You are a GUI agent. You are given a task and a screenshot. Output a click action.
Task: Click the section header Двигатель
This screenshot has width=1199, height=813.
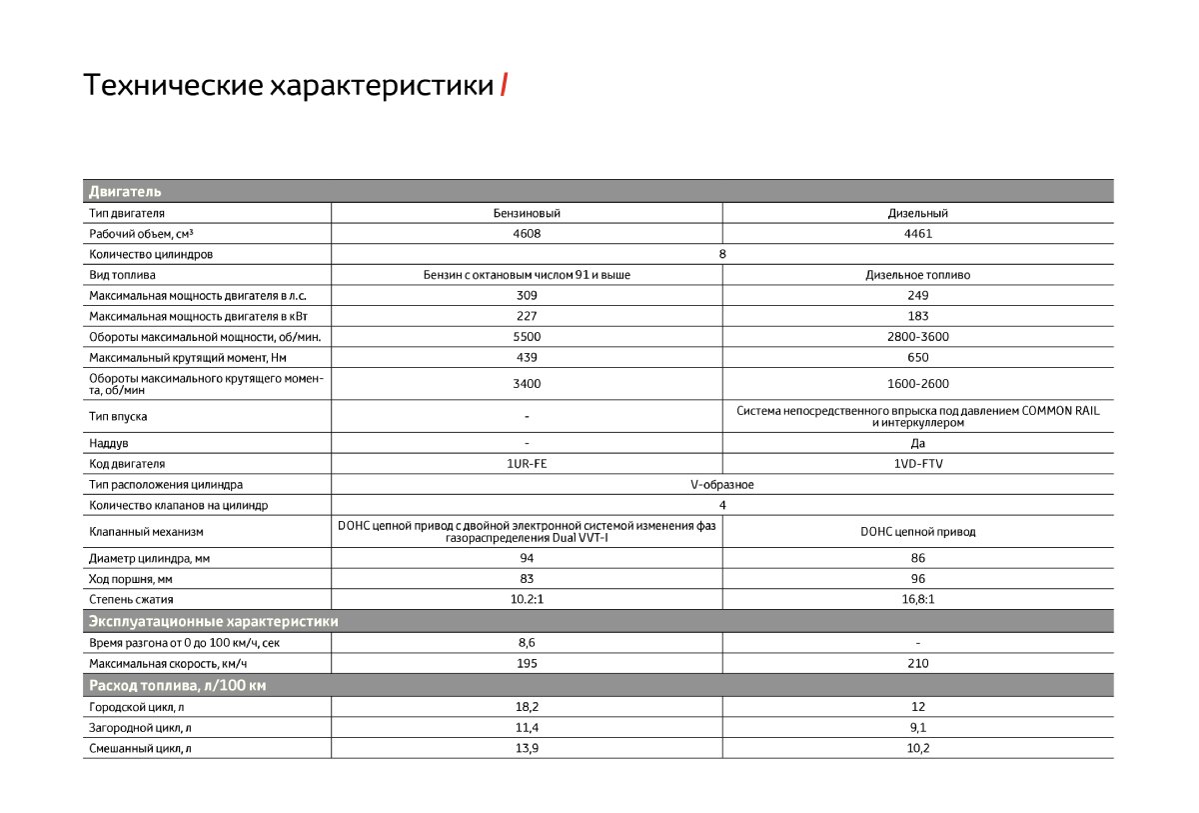pyautogui.click(x=125, y=191)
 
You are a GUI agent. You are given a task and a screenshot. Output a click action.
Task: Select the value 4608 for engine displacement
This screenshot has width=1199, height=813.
pyautogui.click(x=527, y=234)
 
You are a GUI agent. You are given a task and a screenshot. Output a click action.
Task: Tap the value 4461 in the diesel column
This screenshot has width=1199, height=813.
pyautogui.click(x=917, y=234)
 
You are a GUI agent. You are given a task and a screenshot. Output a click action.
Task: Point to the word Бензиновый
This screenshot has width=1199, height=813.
pyautogui.click(x=527, y=213)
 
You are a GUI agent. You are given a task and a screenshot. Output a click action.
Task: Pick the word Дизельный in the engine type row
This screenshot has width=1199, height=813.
pyautogui.click(x=917, y=213)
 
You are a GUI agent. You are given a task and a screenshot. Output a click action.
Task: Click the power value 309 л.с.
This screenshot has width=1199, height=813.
pyautogui.click(x=527, y=295)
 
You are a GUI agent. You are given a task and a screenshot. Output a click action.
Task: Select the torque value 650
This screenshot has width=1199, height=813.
pyautogui.click(x=917, y=357)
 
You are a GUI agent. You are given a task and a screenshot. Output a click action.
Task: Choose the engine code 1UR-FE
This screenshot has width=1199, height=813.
pyautogui.click(x=527, y=464)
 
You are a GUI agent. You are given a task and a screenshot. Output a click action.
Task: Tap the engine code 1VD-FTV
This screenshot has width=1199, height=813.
pyautogui.click(x=917, y=464)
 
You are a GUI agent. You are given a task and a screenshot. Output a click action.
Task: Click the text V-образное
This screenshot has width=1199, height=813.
pyautogui.click(x=721, y=485)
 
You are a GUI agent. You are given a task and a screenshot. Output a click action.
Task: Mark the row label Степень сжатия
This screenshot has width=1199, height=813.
pyautogui.click(x=131, y=599)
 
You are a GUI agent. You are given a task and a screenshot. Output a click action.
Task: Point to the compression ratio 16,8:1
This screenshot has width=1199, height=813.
pyautogui.click(x=917, y=599)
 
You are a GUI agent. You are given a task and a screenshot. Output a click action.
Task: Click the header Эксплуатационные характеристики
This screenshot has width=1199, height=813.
pyautogui.click(x=213, y=621)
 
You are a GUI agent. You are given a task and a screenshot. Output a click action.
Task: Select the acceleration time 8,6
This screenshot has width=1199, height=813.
pyautogui.click(x=527, y=643)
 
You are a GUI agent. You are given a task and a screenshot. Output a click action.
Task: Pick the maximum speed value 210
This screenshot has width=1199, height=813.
pyautogui.click(x=917, y=663)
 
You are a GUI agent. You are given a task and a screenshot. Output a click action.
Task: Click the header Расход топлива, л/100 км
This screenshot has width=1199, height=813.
pyautogui.click(x=177, y=685)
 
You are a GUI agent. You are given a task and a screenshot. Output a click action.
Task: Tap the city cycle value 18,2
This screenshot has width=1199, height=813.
pyautogui.click(x=527, y=706)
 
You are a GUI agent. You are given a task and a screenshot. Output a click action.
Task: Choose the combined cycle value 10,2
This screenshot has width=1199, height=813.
pyautogui.click(x=917, y=748)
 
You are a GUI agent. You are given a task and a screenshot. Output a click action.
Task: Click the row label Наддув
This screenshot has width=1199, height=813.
pyautogui.click(x=109, y=442)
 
